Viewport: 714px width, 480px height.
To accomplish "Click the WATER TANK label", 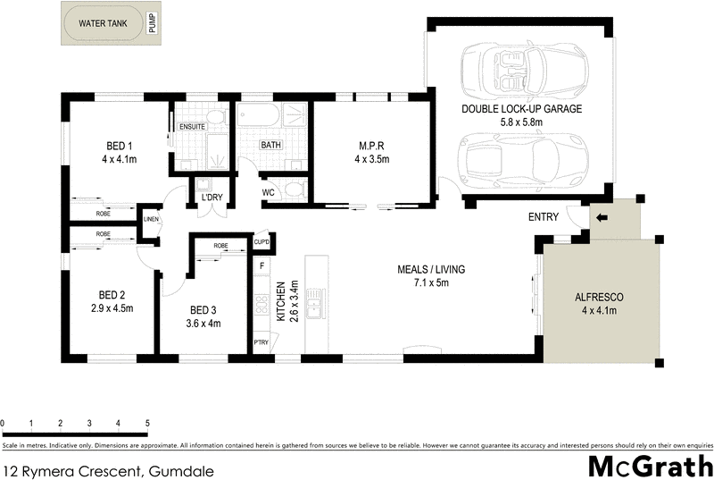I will (x=104, y=24).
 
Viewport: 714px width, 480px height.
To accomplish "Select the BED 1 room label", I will (x=120, y=147).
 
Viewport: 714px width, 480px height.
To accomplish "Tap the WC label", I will (x=269, y=192).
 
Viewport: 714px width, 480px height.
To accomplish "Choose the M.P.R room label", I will (x=371, y=147).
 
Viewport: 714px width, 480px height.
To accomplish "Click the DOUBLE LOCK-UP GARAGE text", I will (x=521, y=109).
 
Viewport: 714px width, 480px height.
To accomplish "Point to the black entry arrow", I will (x=602, y=217).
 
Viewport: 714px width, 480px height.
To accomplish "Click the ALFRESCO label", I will (x=599, y=297).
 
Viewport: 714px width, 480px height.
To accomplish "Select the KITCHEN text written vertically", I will (x=280, y=301).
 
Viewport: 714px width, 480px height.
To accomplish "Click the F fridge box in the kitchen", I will (x=262, y=265).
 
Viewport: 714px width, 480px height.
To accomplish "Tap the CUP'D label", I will (x=262, y=241).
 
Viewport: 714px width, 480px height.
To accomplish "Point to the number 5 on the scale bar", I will (x=147, y=423).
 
